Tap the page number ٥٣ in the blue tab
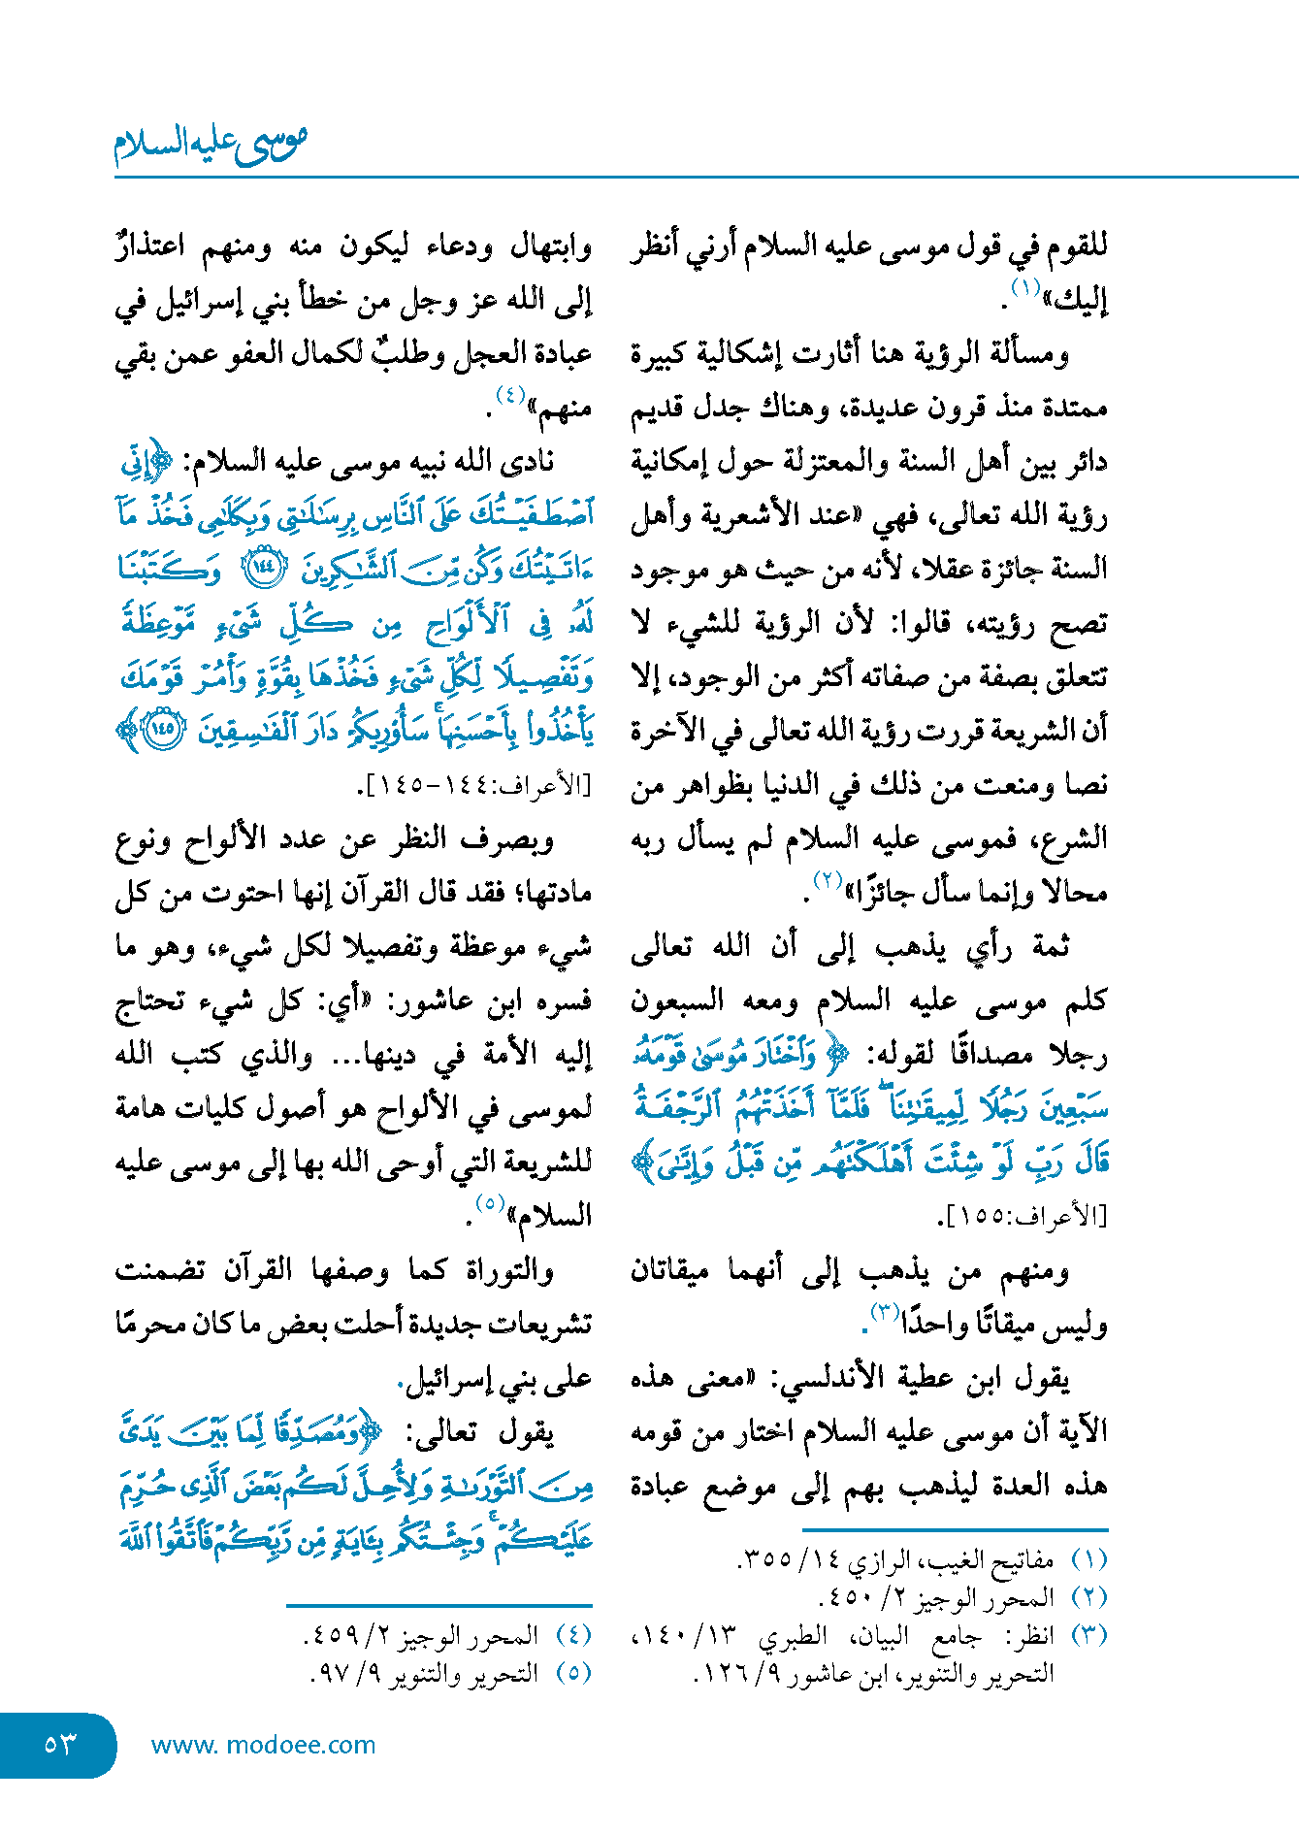(59, 1745)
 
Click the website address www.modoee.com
(263, 1745)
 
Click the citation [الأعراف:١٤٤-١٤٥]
(474, 785)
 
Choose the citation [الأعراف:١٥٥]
(1023, 1216)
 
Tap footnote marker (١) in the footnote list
(1088, 1560)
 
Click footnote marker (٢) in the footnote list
(1088, 1597)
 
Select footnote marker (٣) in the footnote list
(1088, 1634)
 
